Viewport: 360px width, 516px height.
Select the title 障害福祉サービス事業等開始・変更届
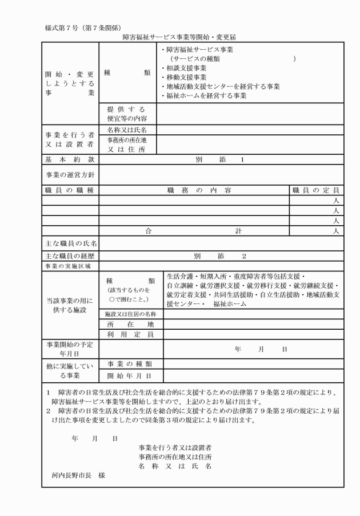(x=180, y=37)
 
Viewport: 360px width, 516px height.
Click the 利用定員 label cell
(x=131, y=334)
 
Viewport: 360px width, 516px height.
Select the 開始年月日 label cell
(x=131, y=375)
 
